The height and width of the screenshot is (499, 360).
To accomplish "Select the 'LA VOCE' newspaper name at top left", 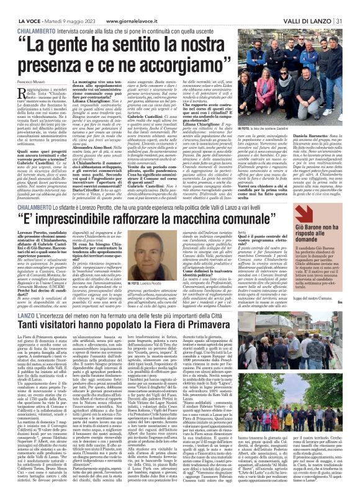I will click(x=19, y=5).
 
